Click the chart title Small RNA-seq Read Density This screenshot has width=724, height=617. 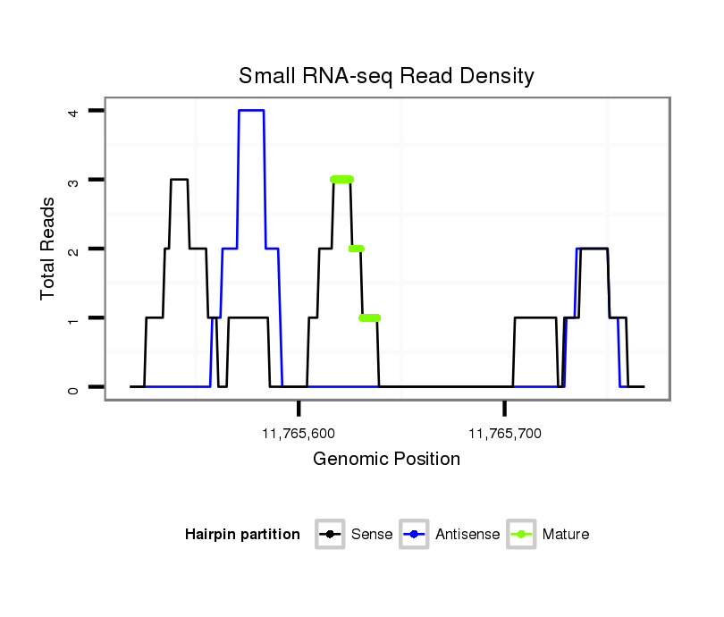point(386,76)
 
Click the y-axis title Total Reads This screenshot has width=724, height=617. point(48,249)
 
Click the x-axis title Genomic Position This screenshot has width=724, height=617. point(386,460)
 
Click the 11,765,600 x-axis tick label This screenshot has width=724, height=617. point(299,435)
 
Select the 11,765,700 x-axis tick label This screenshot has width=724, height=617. point(504,435)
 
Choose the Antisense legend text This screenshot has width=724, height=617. point(467,535)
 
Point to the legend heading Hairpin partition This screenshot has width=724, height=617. point(242,535)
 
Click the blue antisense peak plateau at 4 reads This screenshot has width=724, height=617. point(251,110)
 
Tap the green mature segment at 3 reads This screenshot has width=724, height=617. point(341,180)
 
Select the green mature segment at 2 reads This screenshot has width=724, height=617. point(356,249)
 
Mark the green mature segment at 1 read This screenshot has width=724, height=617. point(369,317)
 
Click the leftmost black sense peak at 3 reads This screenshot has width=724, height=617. point(179,180)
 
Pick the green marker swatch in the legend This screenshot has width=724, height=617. point(521,535)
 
